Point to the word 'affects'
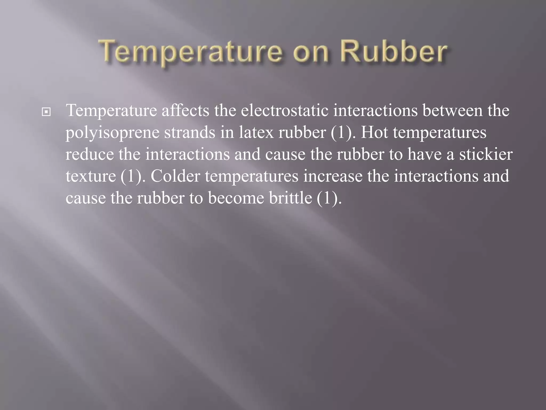(x=186, y=111)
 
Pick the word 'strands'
(x=190, y=132)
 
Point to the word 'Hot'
(x=374, y=132)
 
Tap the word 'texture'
(x=91, y=177)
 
